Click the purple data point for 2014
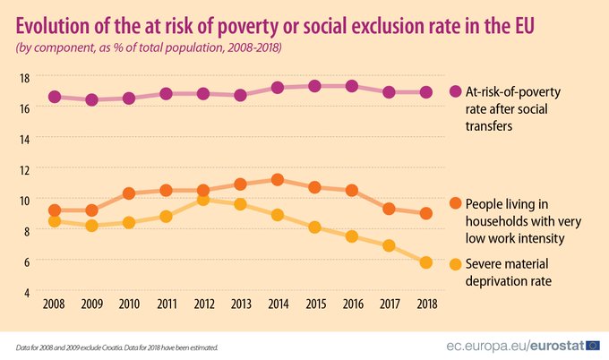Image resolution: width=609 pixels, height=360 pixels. (x=278, y=88)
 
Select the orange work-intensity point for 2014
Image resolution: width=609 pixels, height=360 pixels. (x=278, y=180)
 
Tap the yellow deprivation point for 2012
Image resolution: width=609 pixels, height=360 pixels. (x=203, y=200)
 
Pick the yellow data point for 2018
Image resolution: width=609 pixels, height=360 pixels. (x=426, y=262)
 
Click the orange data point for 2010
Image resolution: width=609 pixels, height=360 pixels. (x=128, y=193)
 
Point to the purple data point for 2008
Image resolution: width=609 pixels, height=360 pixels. (x=54, y=97)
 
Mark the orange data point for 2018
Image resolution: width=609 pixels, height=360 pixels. (x=426, y=213)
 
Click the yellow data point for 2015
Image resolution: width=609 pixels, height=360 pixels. (x=314, y=227)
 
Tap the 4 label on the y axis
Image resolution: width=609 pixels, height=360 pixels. (x=27, y=293)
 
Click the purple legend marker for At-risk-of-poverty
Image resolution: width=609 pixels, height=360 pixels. (x=456, y=92)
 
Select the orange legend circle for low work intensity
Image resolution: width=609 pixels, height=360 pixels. (x=456, y=203)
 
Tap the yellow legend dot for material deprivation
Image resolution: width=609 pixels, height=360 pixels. (x=456, y=264)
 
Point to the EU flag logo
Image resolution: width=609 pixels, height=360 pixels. (x=589, y=345)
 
